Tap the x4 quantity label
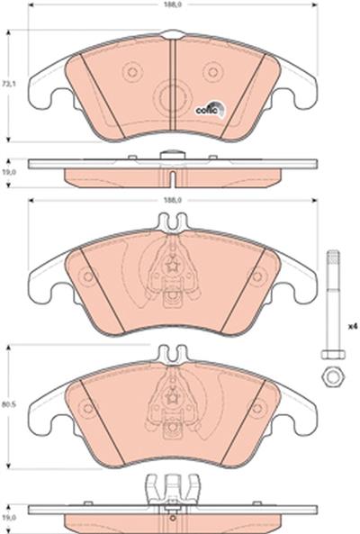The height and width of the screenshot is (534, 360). click(353, 326)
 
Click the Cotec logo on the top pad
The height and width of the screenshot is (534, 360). click(211, 109)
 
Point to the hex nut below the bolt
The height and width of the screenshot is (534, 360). click(333, 376)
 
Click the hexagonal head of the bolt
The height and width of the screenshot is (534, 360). click(333, 354)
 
